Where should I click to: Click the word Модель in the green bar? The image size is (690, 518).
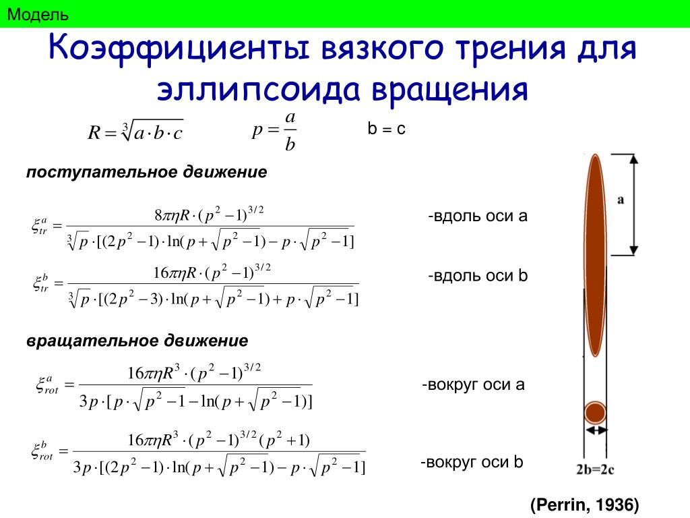click(x=38, y=15)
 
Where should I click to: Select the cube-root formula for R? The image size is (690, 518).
click(x=135, y=132)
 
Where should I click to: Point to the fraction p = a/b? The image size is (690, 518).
click(x=274, y=131)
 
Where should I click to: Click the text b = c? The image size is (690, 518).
click(x=386, y=129)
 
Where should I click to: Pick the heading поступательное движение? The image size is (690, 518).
click(x=146, y=172)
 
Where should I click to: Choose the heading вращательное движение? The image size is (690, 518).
click(x=137, y=341)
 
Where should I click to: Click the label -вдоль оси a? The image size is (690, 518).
click(x=478, y=216)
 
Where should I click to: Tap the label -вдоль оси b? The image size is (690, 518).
click(x=478, y=276)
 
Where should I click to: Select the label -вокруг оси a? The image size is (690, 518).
click(x=473, y=384)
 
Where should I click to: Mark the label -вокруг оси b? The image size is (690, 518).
click(x=472, y=462)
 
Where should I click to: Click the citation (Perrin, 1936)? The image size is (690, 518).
click(x=584, y=505)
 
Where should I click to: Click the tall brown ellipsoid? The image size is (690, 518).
click(x=595, y=255)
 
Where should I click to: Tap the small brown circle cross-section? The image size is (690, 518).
click(x=595, y=413)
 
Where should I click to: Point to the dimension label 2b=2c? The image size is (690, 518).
click(x=595, y=469)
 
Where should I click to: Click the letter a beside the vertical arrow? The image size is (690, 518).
click(x=621, y=200)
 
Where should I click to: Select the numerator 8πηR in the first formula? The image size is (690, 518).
click(x=172, y=215)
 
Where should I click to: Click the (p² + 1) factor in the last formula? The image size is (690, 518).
click(x=285, y=440)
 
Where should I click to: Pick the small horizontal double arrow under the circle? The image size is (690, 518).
click(x=596, y=430)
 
